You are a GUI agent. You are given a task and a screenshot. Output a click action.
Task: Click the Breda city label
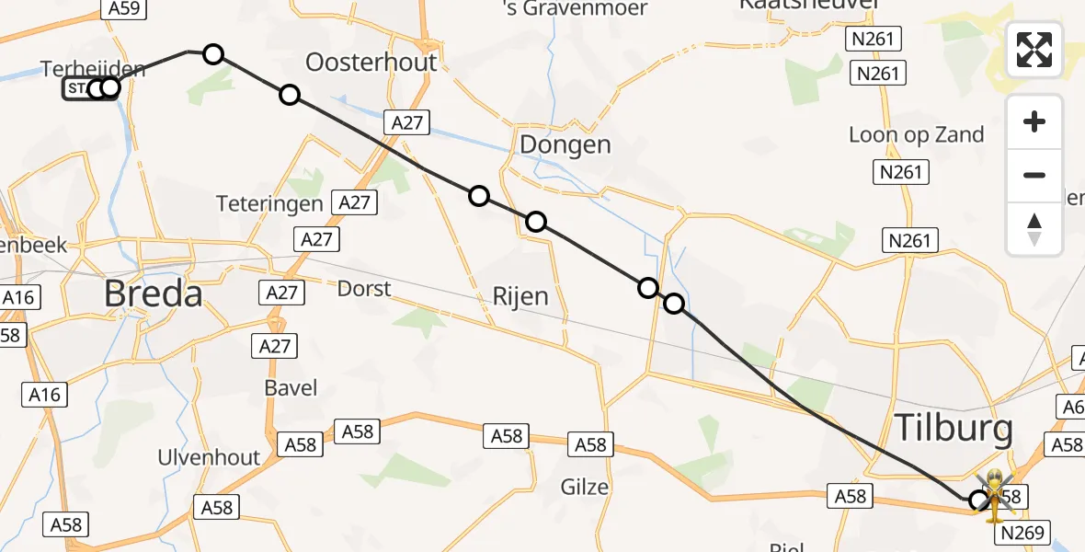153,294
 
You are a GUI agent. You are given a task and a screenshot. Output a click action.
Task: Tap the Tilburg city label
954,429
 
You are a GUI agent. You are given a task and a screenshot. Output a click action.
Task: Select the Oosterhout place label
371,63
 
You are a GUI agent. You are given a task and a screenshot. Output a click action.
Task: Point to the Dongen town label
565,144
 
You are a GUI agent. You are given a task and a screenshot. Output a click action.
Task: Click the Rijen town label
520,296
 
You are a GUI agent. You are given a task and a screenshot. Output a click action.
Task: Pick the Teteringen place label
269,203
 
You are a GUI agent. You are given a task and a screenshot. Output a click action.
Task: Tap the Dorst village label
363,289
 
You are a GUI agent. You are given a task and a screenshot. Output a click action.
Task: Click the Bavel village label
291,387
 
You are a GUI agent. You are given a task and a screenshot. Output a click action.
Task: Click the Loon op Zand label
916,134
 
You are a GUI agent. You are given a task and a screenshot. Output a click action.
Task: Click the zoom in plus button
1034,122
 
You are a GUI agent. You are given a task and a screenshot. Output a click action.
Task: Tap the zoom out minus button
1034,175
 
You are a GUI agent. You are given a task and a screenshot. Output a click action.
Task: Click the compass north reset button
1034,229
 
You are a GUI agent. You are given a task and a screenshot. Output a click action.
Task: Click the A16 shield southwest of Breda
43,396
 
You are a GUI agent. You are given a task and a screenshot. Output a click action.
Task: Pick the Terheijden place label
93,68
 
